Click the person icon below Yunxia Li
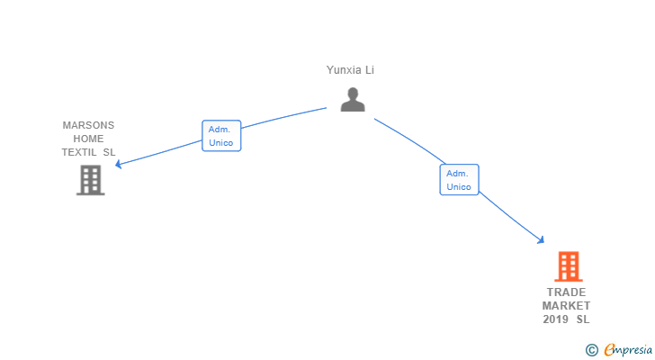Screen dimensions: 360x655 pos(353,100)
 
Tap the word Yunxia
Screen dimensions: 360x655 pos(342,69)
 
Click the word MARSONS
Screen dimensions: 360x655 pos(88,125)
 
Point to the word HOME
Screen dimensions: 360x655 pos(88,139)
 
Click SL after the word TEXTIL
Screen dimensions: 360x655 pos(109,152)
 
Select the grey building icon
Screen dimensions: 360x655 pos(90,180)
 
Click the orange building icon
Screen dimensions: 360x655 pos(568,266)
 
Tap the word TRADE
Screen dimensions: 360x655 pos(566,292)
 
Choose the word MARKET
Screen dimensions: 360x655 pos(566,306)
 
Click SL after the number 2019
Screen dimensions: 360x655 pos(583,319)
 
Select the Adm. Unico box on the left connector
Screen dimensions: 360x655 pos(220,136)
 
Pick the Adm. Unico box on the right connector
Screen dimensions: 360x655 pos(459,180)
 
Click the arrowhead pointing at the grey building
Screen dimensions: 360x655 pos(118,165)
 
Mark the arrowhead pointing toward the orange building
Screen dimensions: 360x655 pos(542,240)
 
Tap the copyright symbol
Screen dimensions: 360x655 pos(592,350)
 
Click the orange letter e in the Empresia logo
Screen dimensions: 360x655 pos(609,350)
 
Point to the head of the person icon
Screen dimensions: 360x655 pos(353,93)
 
